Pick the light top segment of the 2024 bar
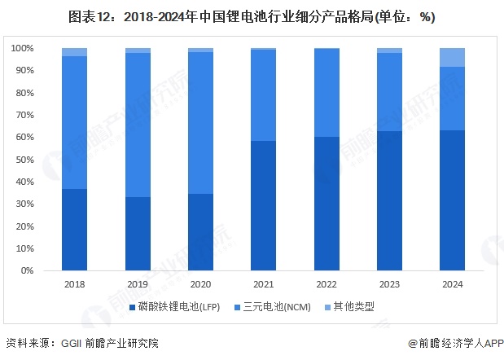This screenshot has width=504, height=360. tap(452, 57)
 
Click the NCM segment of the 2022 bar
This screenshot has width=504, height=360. tap(326, 93)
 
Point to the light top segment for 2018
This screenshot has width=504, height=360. tap(74, 52)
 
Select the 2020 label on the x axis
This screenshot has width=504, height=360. tap(200, 284)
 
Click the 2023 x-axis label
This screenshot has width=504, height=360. tap(389, 284)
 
